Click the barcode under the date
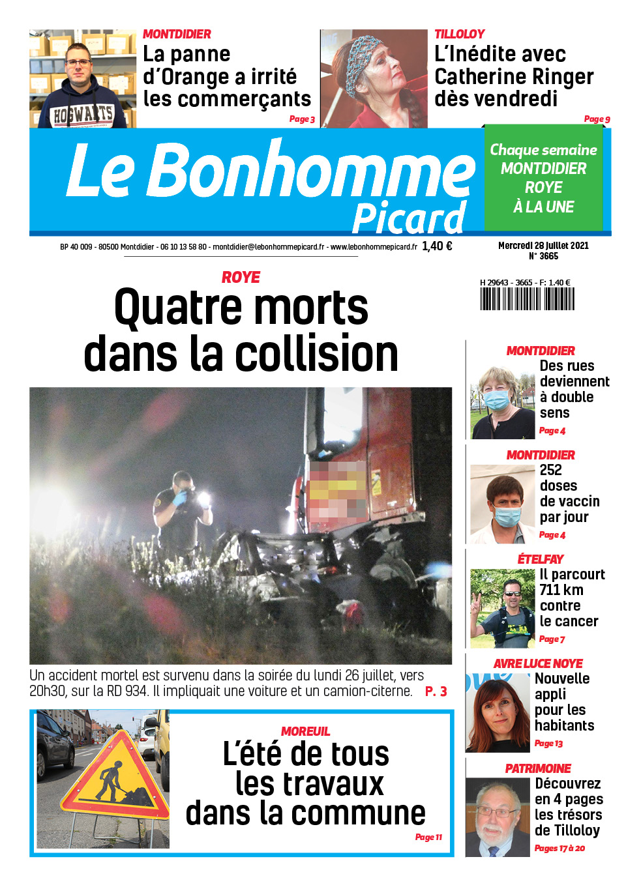(527, 298)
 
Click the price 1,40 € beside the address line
(437, 246)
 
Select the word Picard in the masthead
(409, 218)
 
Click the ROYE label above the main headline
(241, 278)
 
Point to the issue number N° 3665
(543, 257)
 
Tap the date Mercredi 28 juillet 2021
(543, 246)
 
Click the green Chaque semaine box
(543, 178)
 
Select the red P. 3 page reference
(436, 691)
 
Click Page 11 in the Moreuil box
(428, 837)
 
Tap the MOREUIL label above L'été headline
(305, 731)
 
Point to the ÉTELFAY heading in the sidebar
(540, 559)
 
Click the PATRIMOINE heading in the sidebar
(538, 768)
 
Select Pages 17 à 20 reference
(559, 848)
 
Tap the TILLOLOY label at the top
(460, 34)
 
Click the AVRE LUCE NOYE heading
(538, 663)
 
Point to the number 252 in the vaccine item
(550, 470)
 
